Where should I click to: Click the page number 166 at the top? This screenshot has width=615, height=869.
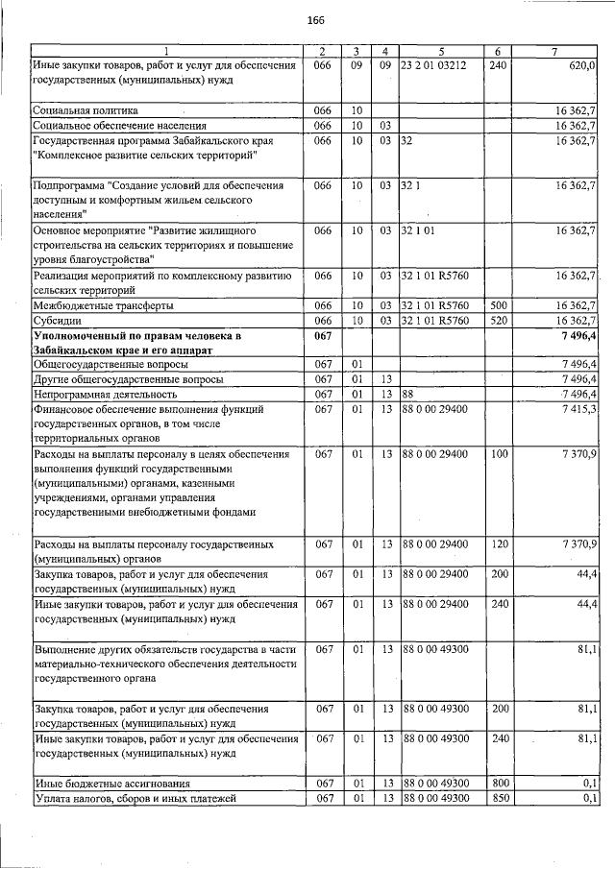(315, 21)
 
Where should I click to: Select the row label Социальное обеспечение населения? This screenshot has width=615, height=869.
(120, 126)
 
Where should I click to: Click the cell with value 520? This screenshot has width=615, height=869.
(497, 321)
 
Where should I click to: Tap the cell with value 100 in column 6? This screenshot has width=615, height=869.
(497, 453)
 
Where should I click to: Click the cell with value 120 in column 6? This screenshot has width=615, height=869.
(497, 544)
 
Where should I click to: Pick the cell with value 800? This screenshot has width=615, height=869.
(497, 784)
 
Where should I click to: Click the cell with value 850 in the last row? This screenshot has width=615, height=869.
(497, 798)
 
